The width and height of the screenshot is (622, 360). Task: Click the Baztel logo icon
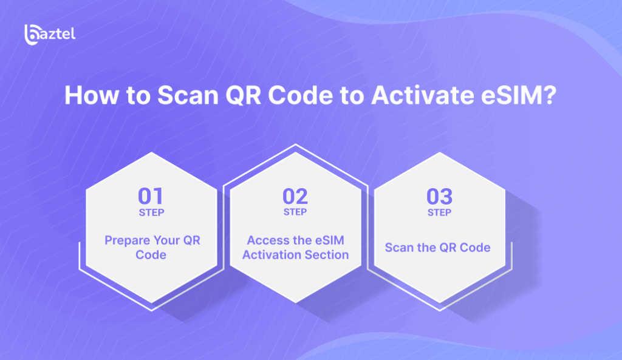[32, 35]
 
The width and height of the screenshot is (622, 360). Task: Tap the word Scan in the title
[188, 95]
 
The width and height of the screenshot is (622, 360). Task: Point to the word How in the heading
[92, 95]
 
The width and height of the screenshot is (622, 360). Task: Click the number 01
[151, 196]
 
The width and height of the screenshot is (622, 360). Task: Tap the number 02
[295, 196]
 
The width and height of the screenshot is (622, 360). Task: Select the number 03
[440, 196]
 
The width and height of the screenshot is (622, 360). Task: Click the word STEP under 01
[151, 213]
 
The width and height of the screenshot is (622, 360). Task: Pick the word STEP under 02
[295, 212]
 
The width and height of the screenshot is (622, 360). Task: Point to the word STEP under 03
[440, 213]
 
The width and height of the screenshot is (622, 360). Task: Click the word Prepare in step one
[128, 240]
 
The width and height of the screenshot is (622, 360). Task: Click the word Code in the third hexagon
[475, 248]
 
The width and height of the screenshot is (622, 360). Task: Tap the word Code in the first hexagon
[151, 254]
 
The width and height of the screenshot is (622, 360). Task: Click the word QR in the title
[243, 95]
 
